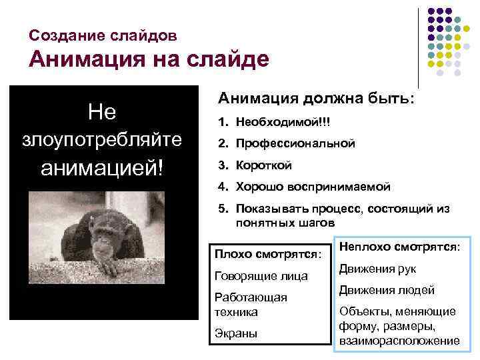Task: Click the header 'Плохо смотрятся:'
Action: click(267, 253)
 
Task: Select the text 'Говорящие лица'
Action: click(261, 275)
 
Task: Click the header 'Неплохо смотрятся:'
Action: click(399, 246)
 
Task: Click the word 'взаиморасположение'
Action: click(399, 341)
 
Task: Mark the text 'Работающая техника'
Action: click(251, 304)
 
